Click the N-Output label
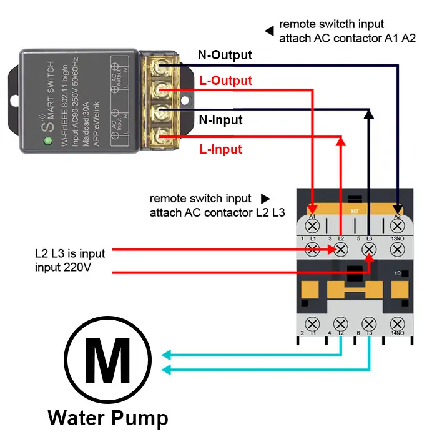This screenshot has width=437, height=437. click(x=225, y=55)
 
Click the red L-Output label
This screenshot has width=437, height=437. click(x=225, y=81)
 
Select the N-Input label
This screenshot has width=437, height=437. click(x=220, y=119)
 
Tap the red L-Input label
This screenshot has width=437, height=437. click(x=220, y=149)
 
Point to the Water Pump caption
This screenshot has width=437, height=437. click(x=107, y=417)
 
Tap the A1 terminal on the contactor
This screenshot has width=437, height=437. click(x=313, y=225)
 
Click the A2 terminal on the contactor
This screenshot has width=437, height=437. click(x=397, y=225)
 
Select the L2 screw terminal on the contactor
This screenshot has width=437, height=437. click(x=341, y=249)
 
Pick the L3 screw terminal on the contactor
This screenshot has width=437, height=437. click(x=370, y=249)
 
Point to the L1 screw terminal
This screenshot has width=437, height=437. click(x=313, y=249)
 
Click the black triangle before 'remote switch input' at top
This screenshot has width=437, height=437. click(x=269, y=31)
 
